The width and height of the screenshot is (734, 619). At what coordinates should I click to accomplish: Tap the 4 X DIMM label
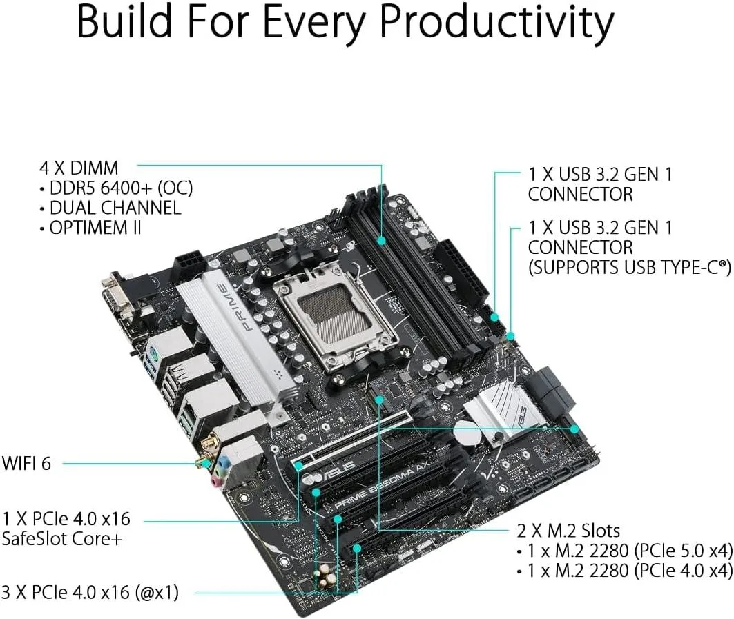tap(79, 168)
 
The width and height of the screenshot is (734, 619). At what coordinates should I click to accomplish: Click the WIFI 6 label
tap(26, 463)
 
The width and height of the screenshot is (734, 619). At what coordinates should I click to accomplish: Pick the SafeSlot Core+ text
tap(61, 538)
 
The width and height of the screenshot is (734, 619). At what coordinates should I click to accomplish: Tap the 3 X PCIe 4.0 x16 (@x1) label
tap(90, 592)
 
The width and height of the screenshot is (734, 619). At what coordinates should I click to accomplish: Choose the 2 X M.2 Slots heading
tap(568, 531)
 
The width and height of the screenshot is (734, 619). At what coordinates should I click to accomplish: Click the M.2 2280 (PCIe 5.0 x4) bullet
tap(630, 551)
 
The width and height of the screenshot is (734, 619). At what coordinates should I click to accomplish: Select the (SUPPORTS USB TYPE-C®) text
tap(630, 268)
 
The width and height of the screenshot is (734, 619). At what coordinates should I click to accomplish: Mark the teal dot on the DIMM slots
tap(382, 240)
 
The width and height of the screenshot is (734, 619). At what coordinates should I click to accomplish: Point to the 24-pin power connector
tap(461, 271)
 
